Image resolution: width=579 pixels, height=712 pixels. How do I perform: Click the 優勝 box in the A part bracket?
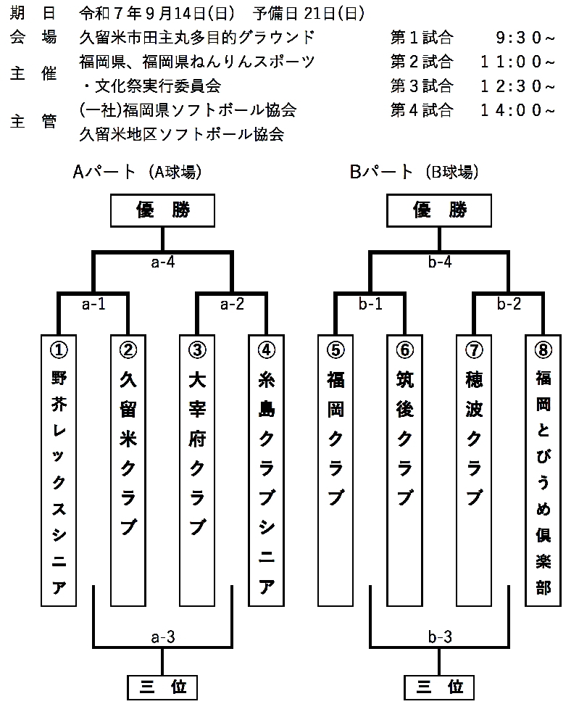162,210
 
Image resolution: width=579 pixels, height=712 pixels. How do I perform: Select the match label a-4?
162,262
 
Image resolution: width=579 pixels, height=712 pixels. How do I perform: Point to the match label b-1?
370,305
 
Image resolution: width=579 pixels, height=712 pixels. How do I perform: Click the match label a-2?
232,305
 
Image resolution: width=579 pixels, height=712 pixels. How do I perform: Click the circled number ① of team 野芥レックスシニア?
59,349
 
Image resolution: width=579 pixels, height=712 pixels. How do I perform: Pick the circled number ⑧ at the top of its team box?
543,349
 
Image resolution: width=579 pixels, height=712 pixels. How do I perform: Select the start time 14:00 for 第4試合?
517,110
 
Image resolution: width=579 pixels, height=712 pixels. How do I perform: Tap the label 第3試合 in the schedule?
421,86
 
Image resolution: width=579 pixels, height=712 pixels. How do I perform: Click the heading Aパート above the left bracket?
104,172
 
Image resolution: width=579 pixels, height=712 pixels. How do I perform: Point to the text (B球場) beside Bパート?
451,172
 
